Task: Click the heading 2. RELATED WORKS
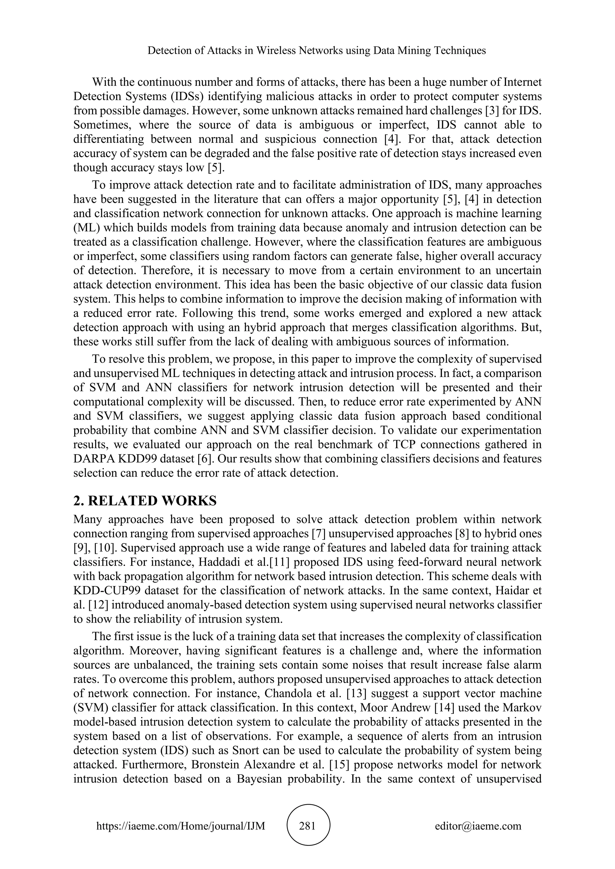pyautogui.click(x=145, y=501)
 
